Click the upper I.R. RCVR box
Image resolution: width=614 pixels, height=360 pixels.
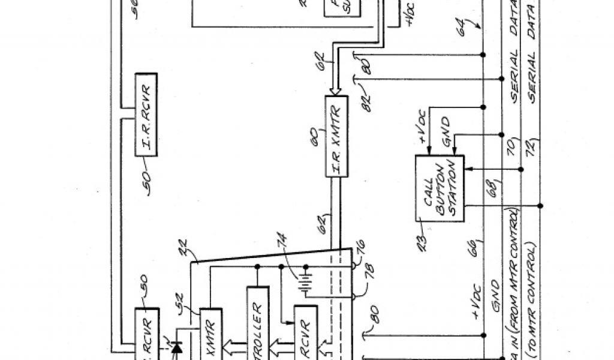(146, 115)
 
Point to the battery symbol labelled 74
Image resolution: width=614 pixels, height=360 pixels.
(306, 283)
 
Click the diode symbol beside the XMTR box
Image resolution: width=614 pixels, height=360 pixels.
(177, 347)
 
